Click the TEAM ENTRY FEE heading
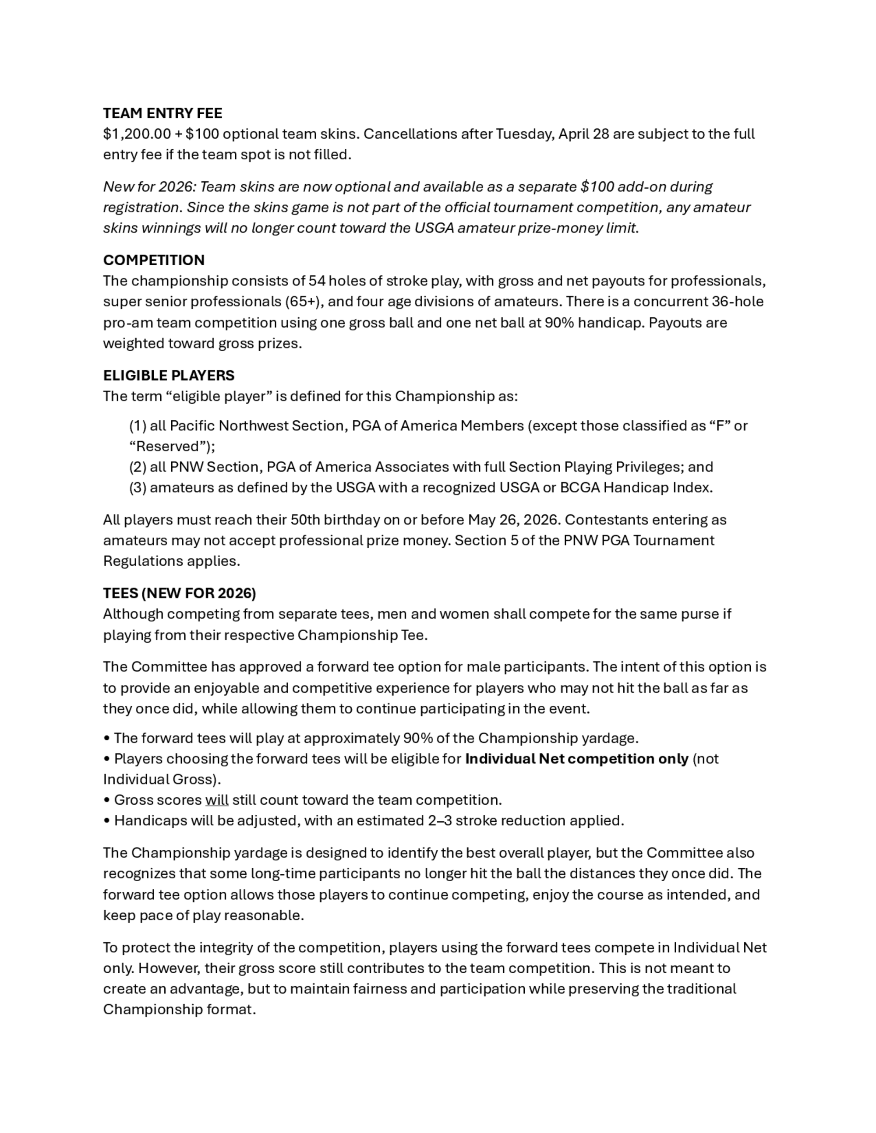(162, 113)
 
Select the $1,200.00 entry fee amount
(137, 134)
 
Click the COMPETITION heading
(154, 260)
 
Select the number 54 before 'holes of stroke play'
(317, 281)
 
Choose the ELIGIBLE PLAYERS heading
(169, 375)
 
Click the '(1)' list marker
(138, 426)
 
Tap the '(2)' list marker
(138, 467)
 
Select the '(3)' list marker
(138, 488)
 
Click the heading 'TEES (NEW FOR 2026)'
(180, 593)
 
